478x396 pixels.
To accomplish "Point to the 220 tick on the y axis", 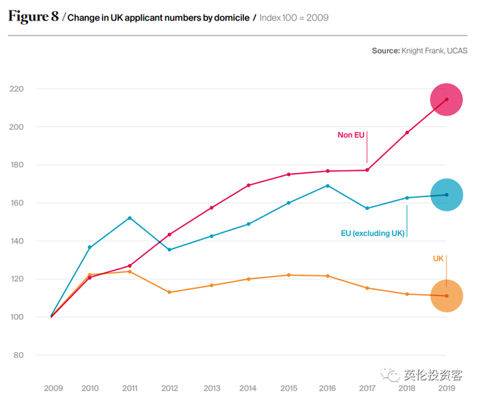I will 16,89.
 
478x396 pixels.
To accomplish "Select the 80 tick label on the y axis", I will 18,355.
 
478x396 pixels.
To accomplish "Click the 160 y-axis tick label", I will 16,203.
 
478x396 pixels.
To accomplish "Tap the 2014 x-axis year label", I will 249,388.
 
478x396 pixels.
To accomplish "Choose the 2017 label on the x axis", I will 367,388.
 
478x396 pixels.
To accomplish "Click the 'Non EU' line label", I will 351,135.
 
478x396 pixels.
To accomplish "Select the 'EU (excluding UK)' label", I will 372,233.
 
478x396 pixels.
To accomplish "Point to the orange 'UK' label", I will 438,258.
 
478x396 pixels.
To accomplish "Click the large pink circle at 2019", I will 447,99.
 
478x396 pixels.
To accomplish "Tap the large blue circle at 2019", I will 447,195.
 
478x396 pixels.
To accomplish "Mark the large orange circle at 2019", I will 447,296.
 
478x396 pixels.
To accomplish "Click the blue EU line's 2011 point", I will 130,218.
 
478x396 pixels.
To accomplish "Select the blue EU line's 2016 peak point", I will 328,185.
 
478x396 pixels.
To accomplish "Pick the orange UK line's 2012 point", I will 169,292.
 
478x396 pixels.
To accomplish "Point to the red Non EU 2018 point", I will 407,133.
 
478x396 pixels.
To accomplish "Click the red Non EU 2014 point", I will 249,185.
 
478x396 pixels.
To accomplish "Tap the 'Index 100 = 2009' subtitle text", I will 294,18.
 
